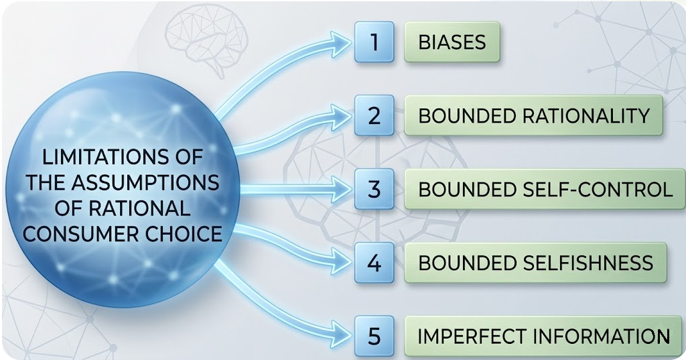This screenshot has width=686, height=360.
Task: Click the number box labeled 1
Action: [374, 42]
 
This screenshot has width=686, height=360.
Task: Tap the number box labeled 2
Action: [374, 115]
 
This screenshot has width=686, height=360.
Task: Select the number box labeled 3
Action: [374, 189]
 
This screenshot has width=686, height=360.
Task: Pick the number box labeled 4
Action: [374, 262]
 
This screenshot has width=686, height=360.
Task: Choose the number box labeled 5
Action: [374, 335]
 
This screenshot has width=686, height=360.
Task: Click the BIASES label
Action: [452, 43]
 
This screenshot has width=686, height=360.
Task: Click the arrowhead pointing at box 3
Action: [342, 190]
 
